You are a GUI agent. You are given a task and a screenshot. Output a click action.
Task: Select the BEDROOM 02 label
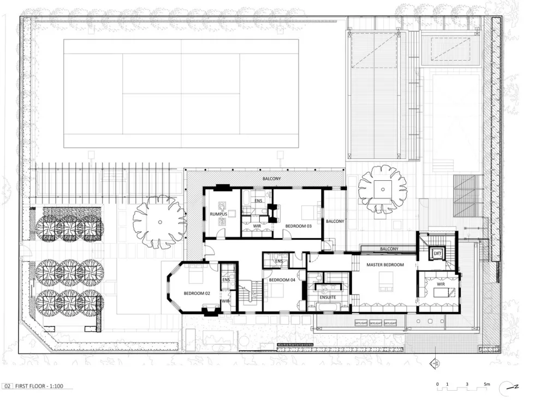(197, 293)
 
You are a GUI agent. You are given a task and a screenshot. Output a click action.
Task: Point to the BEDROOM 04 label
(282, 280)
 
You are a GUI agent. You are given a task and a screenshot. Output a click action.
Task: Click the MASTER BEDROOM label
(385, 265)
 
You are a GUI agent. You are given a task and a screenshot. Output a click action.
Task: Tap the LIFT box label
(437, 254)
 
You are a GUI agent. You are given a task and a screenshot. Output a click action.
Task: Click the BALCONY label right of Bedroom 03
(335, 221)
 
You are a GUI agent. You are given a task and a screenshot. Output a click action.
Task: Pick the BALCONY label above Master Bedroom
(389, 249)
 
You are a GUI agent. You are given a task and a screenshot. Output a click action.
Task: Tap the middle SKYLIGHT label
(375, 323)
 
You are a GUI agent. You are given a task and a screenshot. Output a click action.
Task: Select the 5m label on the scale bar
(486, 385)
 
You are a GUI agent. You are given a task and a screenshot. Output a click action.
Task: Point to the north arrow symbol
(512, 386)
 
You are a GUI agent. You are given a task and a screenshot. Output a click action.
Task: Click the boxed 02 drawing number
(7, 386)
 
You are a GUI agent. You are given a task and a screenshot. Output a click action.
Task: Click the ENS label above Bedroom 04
(278, 261)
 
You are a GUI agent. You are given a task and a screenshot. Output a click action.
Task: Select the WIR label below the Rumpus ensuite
(257, 225)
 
